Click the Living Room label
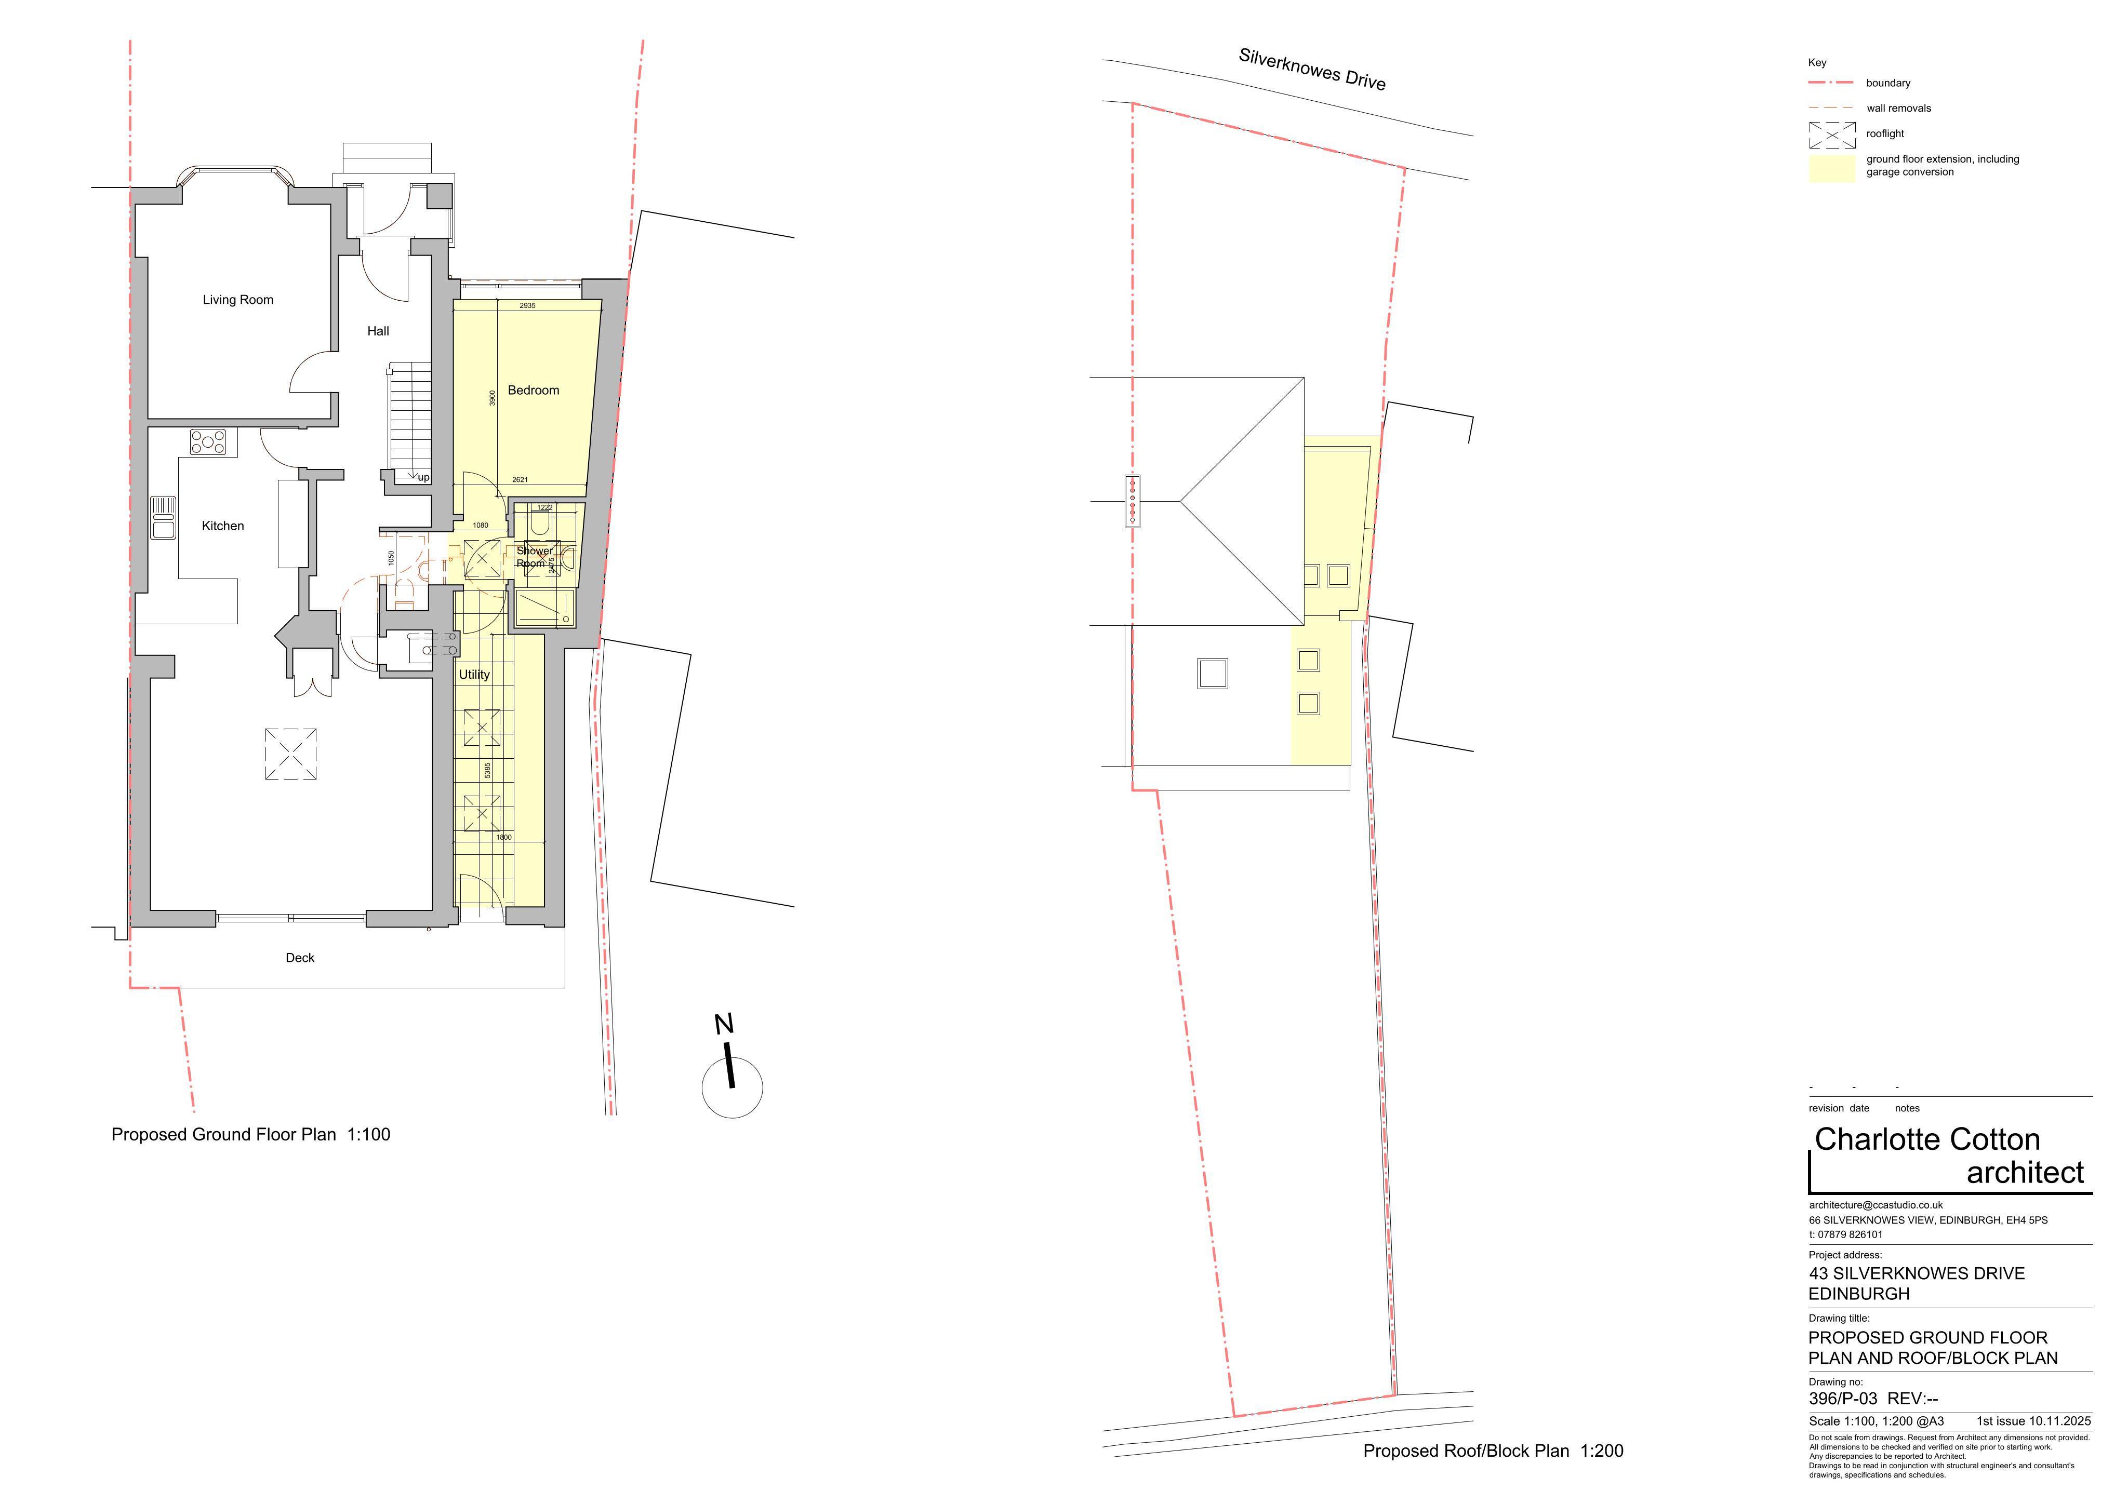click(238, 299)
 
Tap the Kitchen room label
click(223, 526)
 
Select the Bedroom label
click(534, 390)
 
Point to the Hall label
click(378, 331)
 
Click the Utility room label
click(474, 675)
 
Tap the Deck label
click(300, 957)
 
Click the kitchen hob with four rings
click(208, 442)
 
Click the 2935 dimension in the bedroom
click(527, 306)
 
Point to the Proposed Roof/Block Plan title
click(1466, 1451)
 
